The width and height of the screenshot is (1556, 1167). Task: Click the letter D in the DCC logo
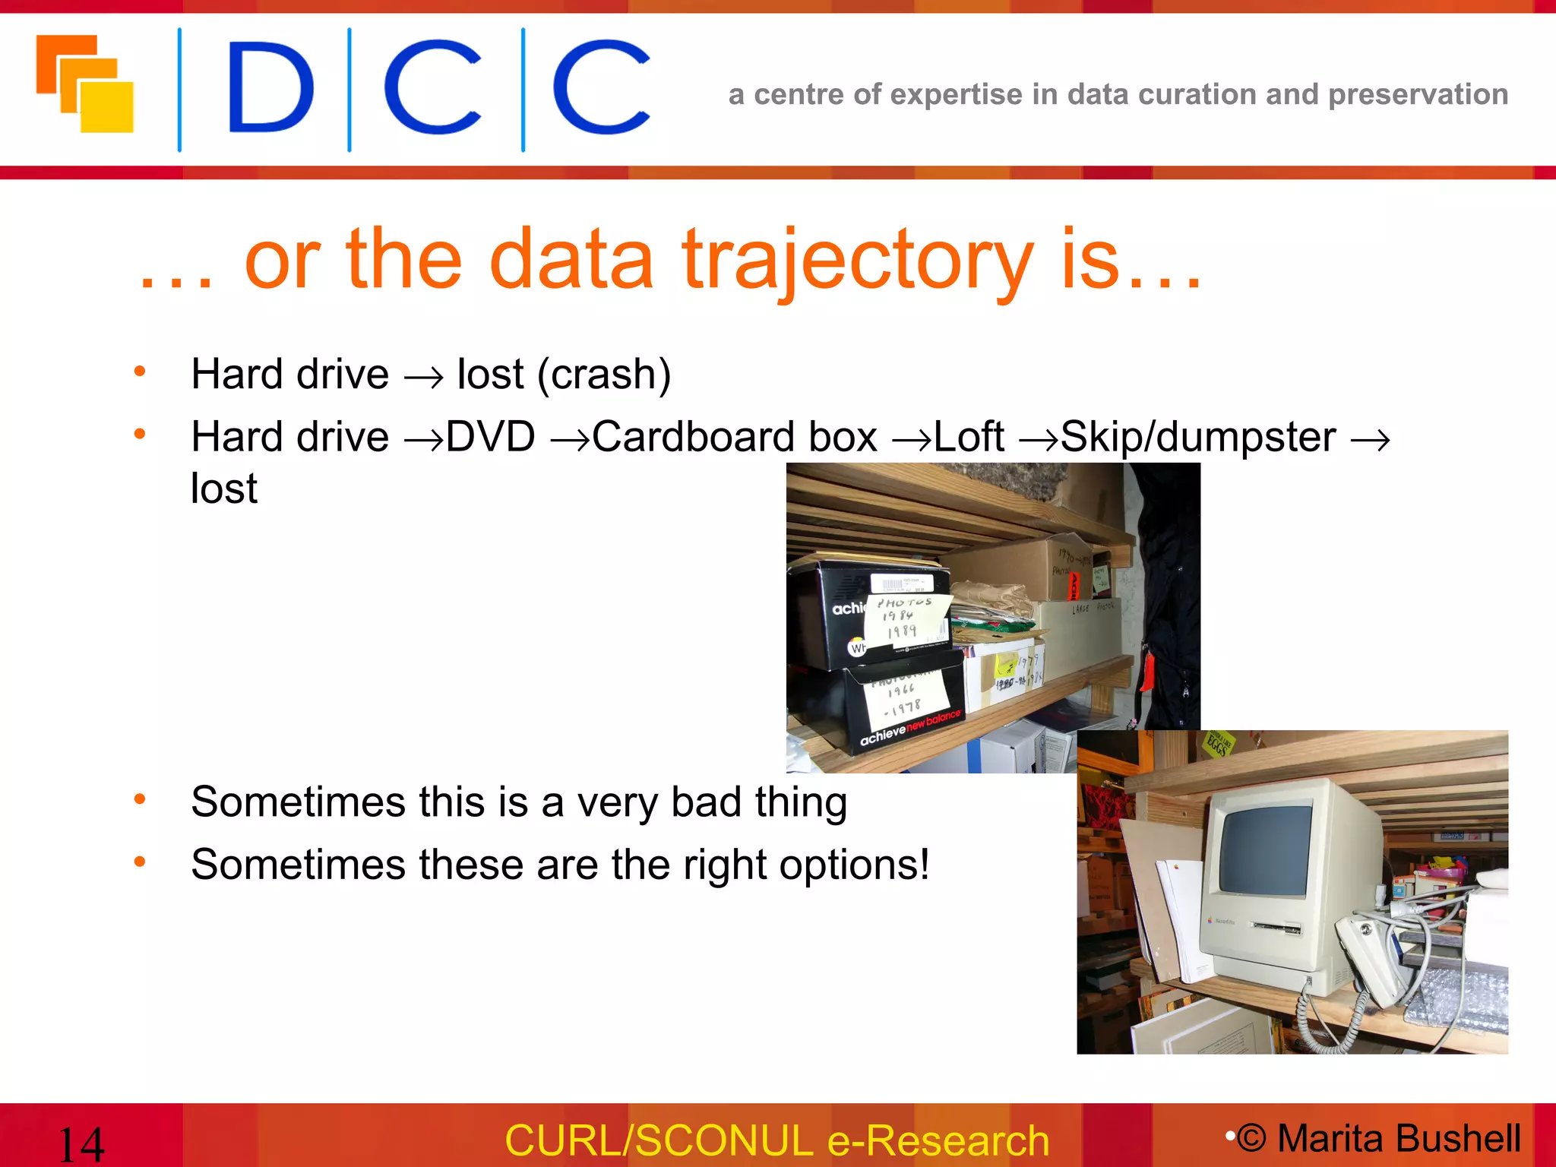click(x=270, y=87)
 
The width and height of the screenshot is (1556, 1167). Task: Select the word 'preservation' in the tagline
click(x=1418, y=94)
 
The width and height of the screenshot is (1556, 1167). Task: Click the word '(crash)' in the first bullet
click(x=604, y=375)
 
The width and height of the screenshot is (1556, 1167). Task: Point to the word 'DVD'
click(x=490, y=438)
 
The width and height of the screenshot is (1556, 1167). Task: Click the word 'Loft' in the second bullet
click(x=969, y=438)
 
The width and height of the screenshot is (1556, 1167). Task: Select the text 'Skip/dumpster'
click(x=1197, y=438)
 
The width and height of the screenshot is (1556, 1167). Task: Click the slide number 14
click(x=81, y=1143)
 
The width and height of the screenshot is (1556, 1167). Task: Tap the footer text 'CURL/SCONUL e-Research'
click(x=776, y=1140)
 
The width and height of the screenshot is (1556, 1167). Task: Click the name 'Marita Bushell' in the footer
click(x=1399, y=1138)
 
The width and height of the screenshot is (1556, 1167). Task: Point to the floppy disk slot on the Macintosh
click(x=1276, y=928)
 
